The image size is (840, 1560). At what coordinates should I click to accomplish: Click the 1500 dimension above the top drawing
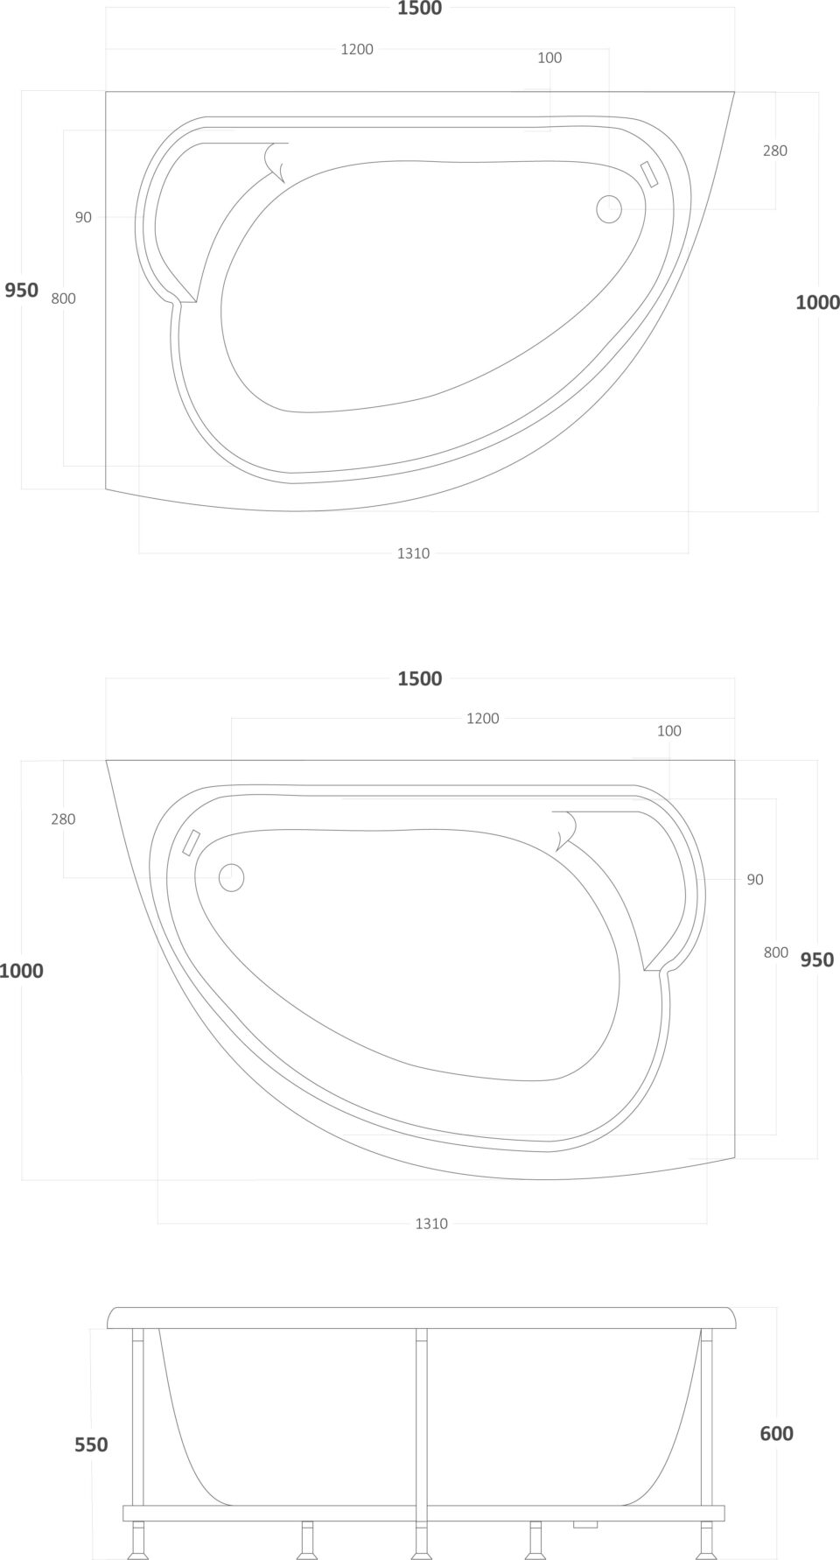pyautogui.click(x=420, y=9)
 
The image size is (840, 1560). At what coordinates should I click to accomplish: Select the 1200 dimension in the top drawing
pyautogui.click(x=357, y=49)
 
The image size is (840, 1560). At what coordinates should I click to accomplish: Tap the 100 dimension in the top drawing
pyautogui.click(x=549, y=58)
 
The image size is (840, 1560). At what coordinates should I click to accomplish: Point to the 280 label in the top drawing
pyautogui.click(x=774, y=151)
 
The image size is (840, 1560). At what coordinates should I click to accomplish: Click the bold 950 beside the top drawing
pyautogui.click(x=22, y=290)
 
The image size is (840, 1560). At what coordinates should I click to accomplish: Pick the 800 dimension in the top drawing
pyautogui.click(x=64, y=299)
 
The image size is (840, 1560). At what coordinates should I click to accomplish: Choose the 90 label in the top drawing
pyautogui.click(x=83, y=217)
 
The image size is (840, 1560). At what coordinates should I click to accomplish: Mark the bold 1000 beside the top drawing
pyautogui.click(x=817, y=302)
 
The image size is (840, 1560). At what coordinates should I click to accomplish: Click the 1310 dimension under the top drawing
pyautogui.click(x=413, y=553)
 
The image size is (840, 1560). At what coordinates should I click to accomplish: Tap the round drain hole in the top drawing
pyautogui.click(x=609, y=208)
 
